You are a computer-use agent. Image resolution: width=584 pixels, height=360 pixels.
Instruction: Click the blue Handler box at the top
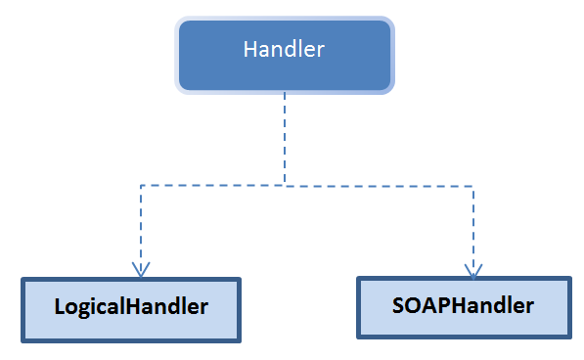pyautogui.click(x=284, y=54)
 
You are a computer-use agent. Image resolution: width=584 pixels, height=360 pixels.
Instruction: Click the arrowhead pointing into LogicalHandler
pyautogui.click(x=142, y=269)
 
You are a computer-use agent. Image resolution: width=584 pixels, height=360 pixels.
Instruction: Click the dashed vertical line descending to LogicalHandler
pyautogui.click(x=142, y=225)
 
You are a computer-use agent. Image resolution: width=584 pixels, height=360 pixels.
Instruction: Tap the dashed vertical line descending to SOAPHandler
pyautogui.click(x=473, y=225)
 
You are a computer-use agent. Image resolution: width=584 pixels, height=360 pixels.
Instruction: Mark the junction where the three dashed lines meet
pyautogui.click(x=285, y=184)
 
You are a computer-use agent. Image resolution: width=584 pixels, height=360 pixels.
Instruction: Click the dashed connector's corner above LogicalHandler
pyautogui.click(x=142, y=184)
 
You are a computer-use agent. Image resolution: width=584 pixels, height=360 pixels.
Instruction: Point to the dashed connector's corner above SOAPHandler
pyautogui.click(x=473, y=184)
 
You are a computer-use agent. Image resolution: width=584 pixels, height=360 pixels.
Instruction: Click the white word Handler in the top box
pyautogui.click(x=284, y=49)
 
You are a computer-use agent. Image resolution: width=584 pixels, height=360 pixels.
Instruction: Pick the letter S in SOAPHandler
pyautogui.click(x=399, y=305)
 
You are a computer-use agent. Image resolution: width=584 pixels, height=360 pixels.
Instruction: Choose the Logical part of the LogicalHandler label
pyautogui.click(x=88, y=307)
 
